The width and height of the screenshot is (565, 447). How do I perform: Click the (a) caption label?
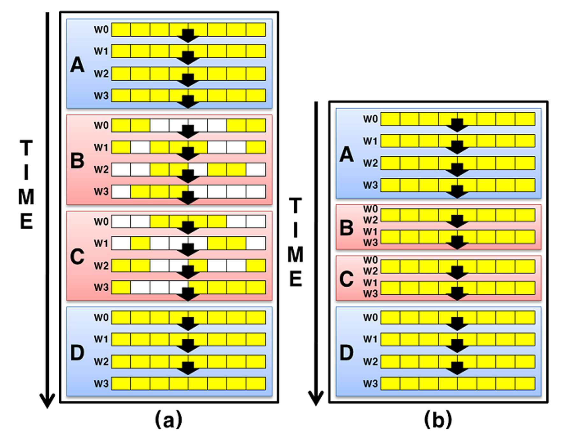point(168,420)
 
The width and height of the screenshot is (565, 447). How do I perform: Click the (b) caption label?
point(438,420)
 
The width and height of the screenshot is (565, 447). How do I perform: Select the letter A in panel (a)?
point(77,65)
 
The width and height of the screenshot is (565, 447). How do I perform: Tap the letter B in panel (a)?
point(77,160)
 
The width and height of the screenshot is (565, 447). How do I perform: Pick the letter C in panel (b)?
point(346,279)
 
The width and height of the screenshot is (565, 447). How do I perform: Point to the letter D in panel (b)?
point(347,352)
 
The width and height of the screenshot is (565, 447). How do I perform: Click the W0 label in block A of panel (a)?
point(101,30)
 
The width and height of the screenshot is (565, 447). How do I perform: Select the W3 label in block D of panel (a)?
point(101,384)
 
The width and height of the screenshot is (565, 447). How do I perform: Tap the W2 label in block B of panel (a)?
point(101,170)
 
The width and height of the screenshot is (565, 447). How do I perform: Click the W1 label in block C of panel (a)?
point(101,244)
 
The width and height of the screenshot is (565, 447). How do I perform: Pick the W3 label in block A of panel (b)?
point(370,185)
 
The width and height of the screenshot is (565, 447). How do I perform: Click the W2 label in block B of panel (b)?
point(370,220)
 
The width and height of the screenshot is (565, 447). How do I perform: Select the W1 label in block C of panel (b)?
point(370,283)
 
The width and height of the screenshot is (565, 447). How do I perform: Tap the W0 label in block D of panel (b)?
point(370,317)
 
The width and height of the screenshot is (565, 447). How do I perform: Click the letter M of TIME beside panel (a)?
point(26,197)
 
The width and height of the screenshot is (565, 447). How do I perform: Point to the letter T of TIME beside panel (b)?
point(296,206)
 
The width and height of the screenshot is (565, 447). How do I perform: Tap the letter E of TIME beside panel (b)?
point(296,279)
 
